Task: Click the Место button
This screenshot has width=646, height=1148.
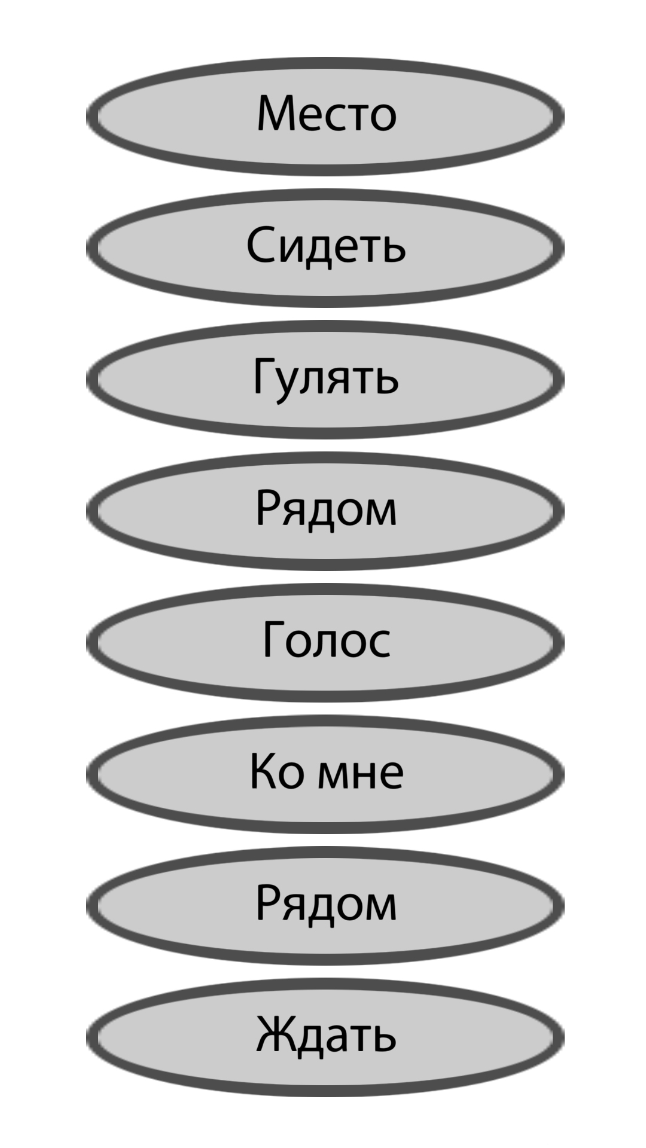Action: point(325,117)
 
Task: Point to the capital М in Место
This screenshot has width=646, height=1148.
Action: point(278,113)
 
